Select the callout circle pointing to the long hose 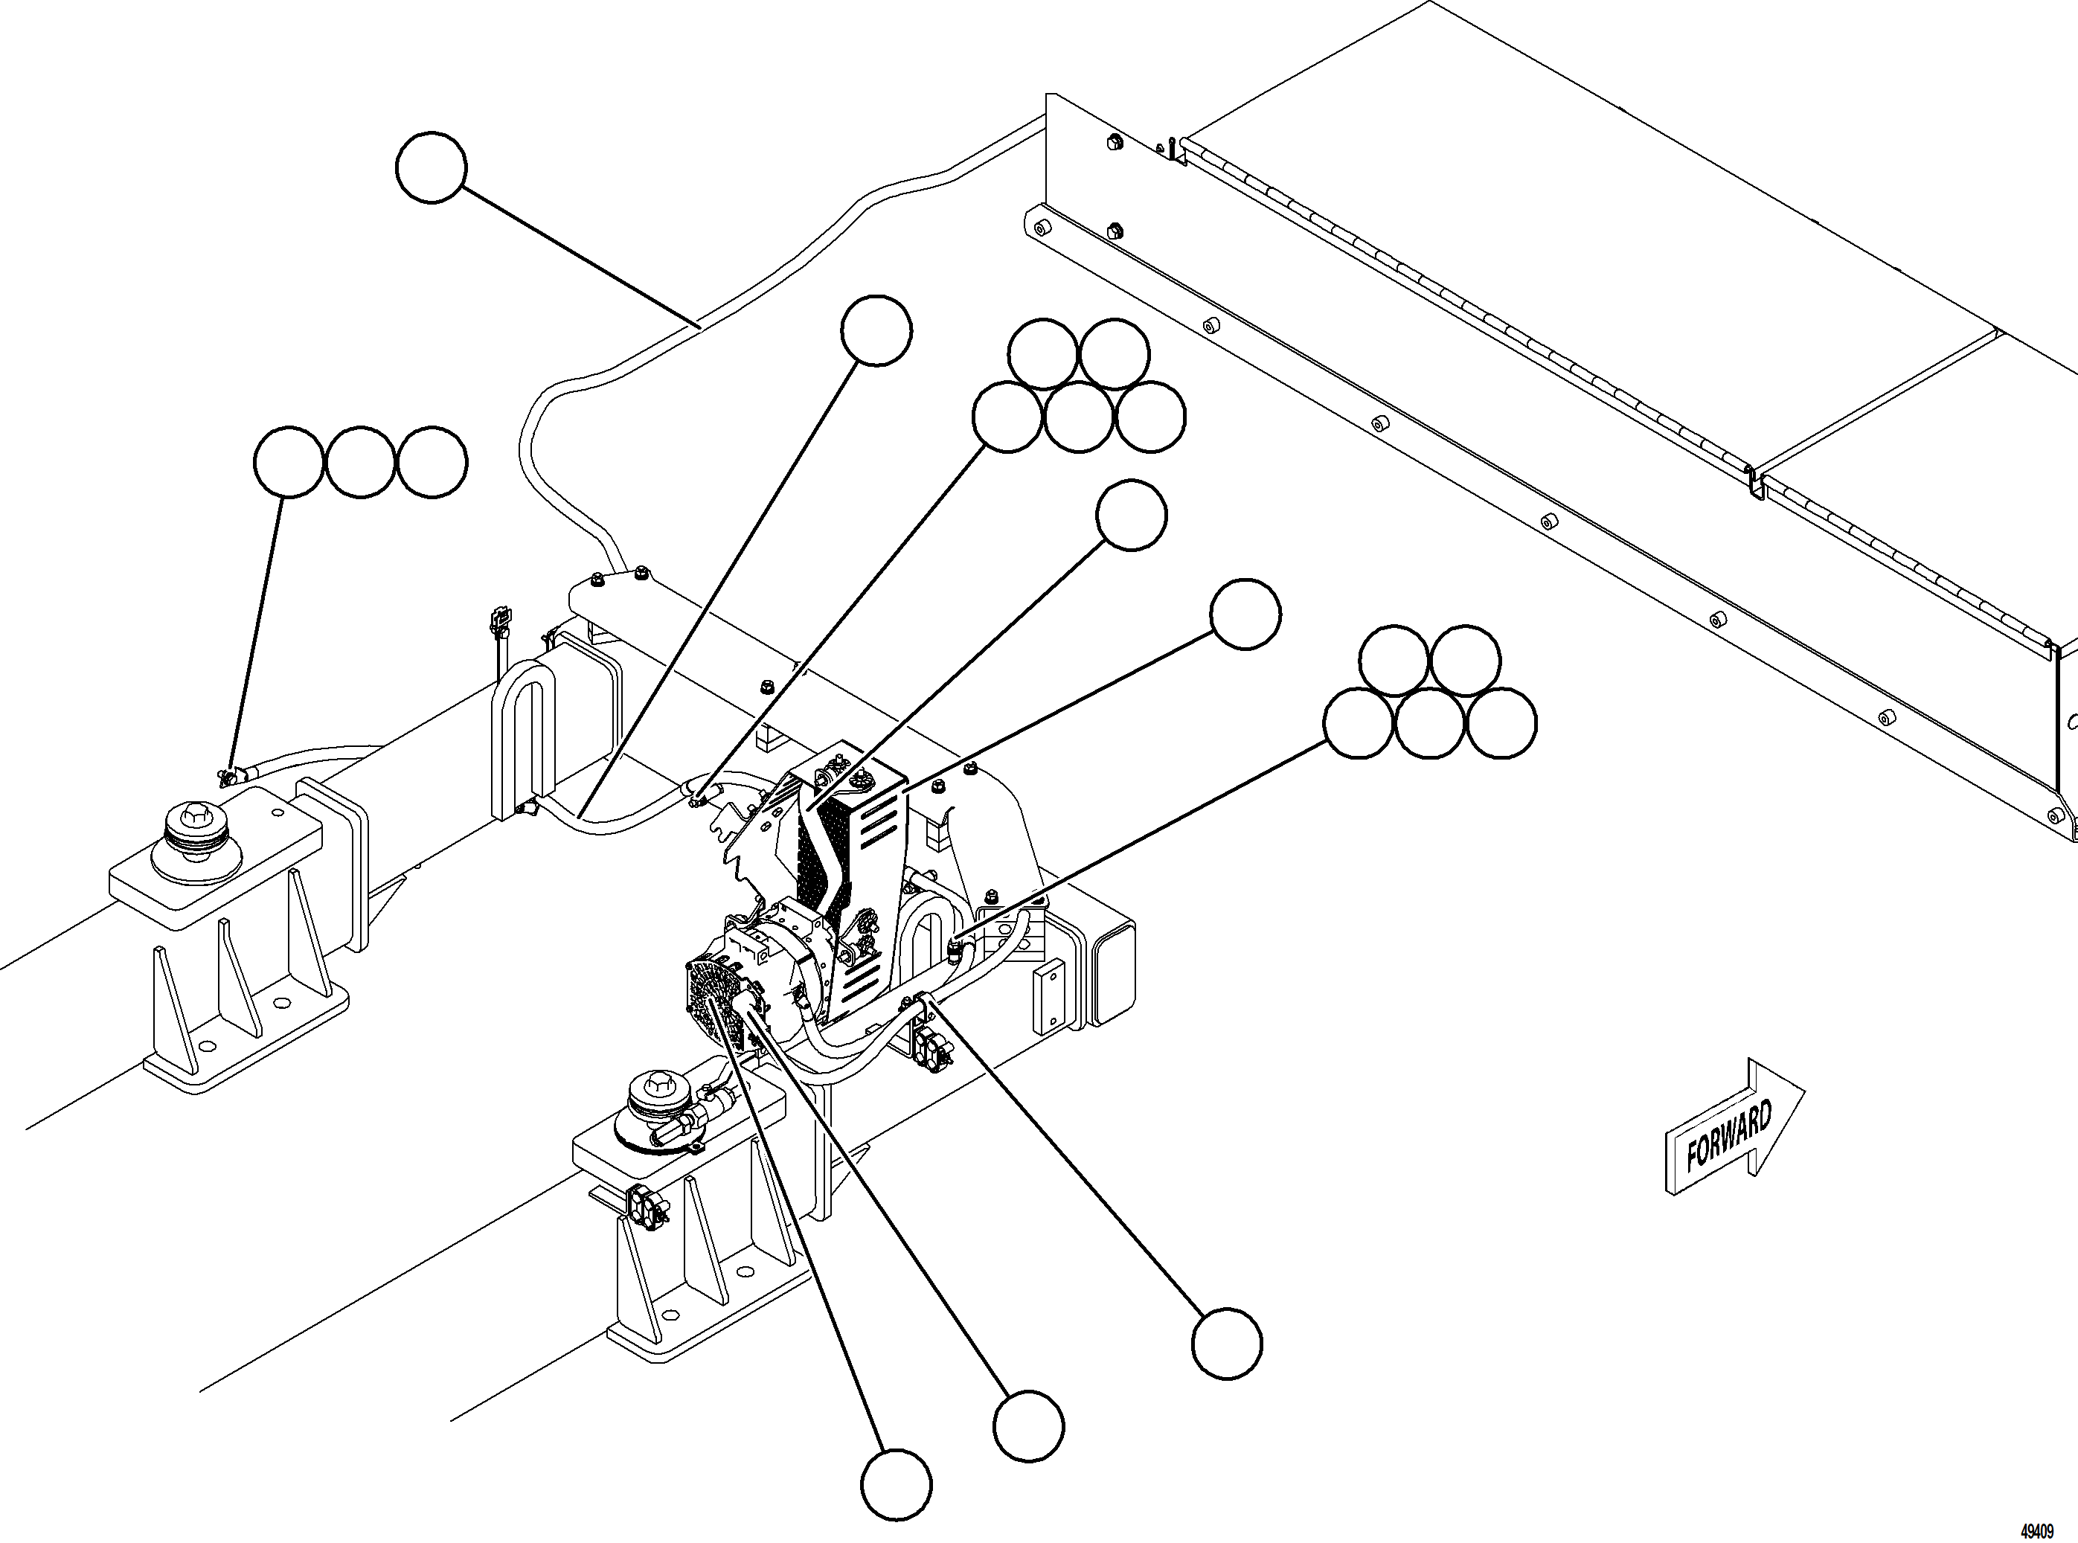point(431,167)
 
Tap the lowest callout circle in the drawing point(896,1484)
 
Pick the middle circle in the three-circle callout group point(361,462)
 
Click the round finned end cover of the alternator point(712,1005)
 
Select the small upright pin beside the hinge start point(1170,147)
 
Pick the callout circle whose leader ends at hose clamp point(1226,1343)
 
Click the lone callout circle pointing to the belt point(1131,515)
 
